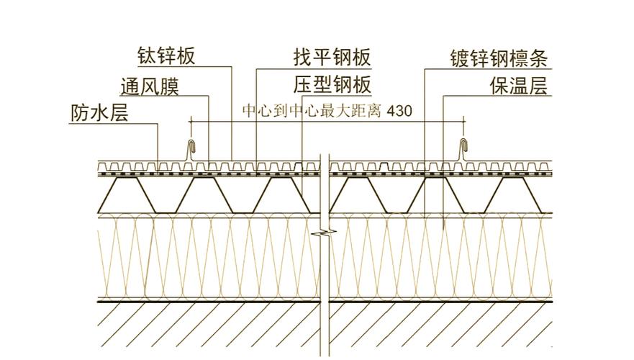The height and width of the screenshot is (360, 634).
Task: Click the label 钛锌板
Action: (x=166, y=56)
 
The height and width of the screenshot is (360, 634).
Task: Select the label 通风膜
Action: (x=150, y=86)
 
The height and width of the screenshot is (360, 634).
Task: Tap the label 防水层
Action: (x=99, y=113)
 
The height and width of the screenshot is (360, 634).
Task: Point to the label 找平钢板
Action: (x=332, y=57)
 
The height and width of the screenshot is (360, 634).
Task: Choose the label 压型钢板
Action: (x=332, y=86)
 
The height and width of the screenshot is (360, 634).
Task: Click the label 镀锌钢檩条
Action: (x=499, y=58)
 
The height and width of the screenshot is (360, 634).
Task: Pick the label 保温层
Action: (x=519, y=86)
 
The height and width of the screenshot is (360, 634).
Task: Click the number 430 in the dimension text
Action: (x=399, y=110)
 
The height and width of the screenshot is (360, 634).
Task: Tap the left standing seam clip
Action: (x=191, y=150)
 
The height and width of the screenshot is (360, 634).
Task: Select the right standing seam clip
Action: (x=463, y=150)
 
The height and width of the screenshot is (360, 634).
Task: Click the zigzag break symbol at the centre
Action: (x=325, y=233)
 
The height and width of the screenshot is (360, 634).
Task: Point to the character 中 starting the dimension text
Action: (x=250, y=110)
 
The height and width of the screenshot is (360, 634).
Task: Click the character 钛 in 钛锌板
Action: (x=148, y=56)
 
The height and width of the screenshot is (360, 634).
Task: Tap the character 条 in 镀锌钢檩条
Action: (x=538, y=58)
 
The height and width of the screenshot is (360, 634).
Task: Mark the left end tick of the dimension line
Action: (x=190, y=122)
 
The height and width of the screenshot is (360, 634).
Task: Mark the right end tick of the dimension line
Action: (x=463, y=122)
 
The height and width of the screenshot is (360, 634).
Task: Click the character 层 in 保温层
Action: (x=538, y=86)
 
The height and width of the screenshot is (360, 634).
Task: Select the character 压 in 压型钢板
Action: (x=303, y=86)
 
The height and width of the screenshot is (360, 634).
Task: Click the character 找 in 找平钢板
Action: (x=303, y=57)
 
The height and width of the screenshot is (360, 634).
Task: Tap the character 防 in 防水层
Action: (x=81, y=113)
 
